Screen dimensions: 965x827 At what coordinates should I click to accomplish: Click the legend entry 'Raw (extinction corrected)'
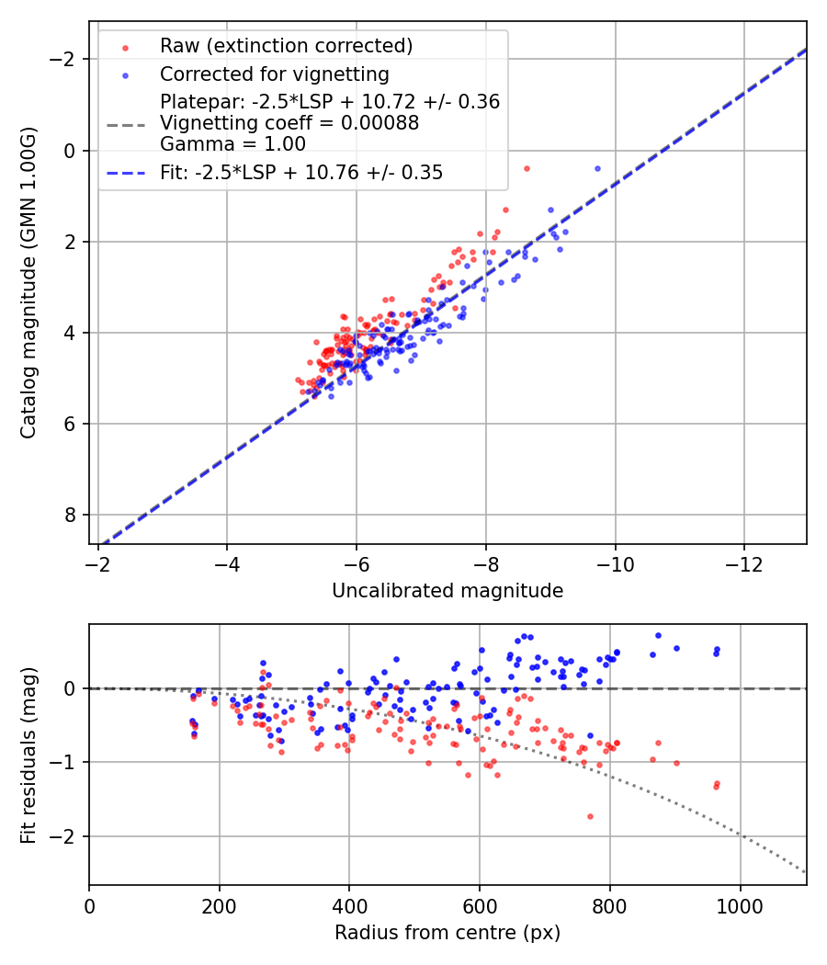coord(286,46)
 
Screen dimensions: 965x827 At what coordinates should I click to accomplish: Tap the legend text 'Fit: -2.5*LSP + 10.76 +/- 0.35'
coord(301,173)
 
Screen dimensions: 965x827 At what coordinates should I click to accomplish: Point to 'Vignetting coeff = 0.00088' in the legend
coord(289,123)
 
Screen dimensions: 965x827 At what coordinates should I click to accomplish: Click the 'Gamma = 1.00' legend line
coord(232,144)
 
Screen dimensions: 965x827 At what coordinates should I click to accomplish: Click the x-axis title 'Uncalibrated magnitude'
coord(447,591)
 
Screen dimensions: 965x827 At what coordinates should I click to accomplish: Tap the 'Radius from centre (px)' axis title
coord(447,933)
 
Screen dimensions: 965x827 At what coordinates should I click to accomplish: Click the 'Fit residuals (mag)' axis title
coord(29,755)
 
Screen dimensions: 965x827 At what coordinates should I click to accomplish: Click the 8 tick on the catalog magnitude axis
coord(71,515)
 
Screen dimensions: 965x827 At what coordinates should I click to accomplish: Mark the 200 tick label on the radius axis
coord(219,905)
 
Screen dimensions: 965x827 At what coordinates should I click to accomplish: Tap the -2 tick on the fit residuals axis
coord(67,837)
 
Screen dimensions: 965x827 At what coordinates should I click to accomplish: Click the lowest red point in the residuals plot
coord(590,816)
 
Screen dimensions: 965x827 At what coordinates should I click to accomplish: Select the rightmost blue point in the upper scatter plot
coord(597,168)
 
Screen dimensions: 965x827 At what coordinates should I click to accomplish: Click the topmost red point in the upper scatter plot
coord(527,168)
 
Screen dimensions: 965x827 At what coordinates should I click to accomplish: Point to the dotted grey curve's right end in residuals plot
coord(806,872)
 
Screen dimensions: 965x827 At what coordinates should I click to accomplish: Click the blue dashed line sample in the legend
coord(124,173)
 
